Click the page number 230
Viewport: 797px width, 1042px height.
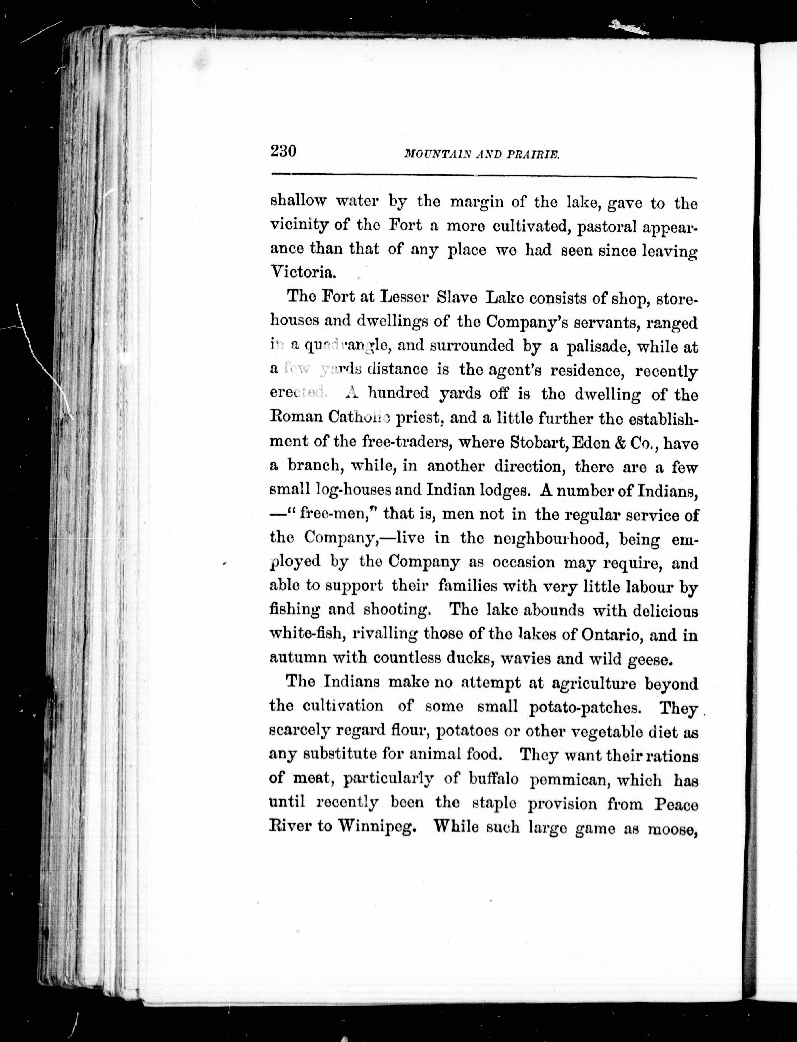pyautogui.click(x=283, y=151)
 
